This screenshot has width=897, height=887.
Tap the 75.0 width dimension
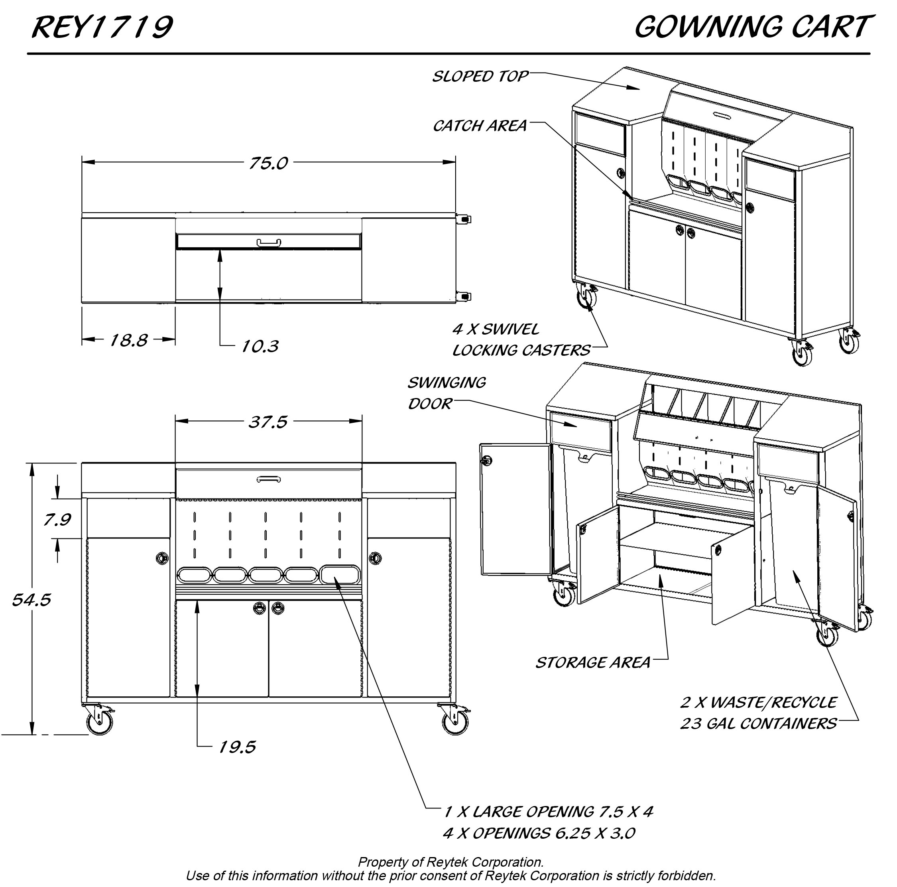tap(268, 163)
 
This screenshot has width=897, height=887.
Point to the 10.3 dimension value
tap(260, 346)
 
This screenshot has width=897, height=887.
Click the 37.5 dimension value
tap(268, 422)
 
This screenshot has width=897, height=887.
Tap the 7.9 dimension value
tap(57, 520)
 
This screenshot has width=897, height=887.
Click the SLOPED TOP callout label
tap(480, 76)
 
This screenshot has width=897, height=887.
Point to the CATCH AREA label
tap(480, 126)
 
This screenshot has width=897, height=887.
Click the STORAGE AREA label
tap(593, 663)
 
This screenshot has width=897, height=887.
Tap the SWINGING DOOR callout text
tap(446, 393)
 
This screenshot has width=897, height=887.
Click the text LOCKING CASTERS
tap(521, 350)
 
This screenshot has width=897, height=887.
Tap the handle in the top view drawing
tap(269, 242)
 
